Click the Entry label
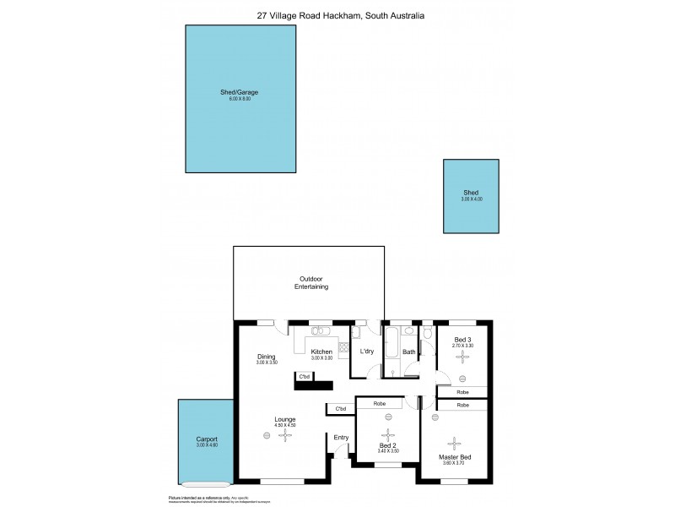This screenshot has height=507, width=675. pyautogui.click(x=341, y=437)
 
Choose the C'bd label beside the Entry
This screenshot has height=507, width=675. pyautogui.click(x=341, y=410)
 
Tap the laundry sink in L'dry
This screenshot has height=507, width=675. pyautogui.click(x=356, y=334)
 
